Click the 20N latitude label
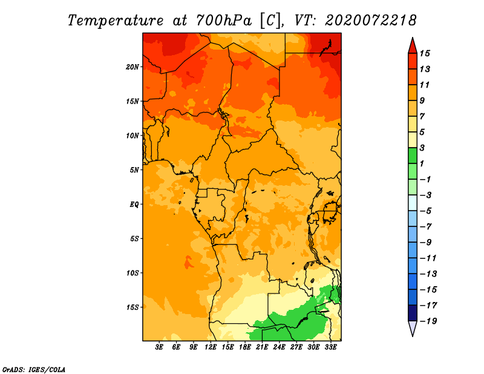[132, 67]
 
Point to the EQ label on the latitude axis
[134, 205]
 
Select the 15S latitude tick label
[132, 307]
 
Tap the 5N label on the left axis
[134, 170]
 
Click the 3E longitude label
[159, 347]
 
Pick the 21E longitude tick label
[262, 347]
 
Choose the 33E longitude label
[330, 347]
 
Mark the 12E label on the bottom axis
[211, 347]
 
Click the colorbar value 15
[425, 53]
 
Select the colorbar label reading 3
[422, 148]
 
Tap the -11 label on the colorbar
[428, 258]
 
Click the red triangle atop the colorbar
[413, 47]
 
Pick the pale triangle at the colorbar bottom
[413, 327]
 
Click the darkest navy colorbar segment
[413, 313]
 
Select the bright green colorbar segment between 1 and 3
[413, 156]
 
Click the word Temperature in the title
[116, 21]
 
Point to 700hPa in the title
[223, 21]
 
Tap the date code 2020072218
[370, 21]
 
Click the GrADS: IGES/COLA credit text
[34, 370]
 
